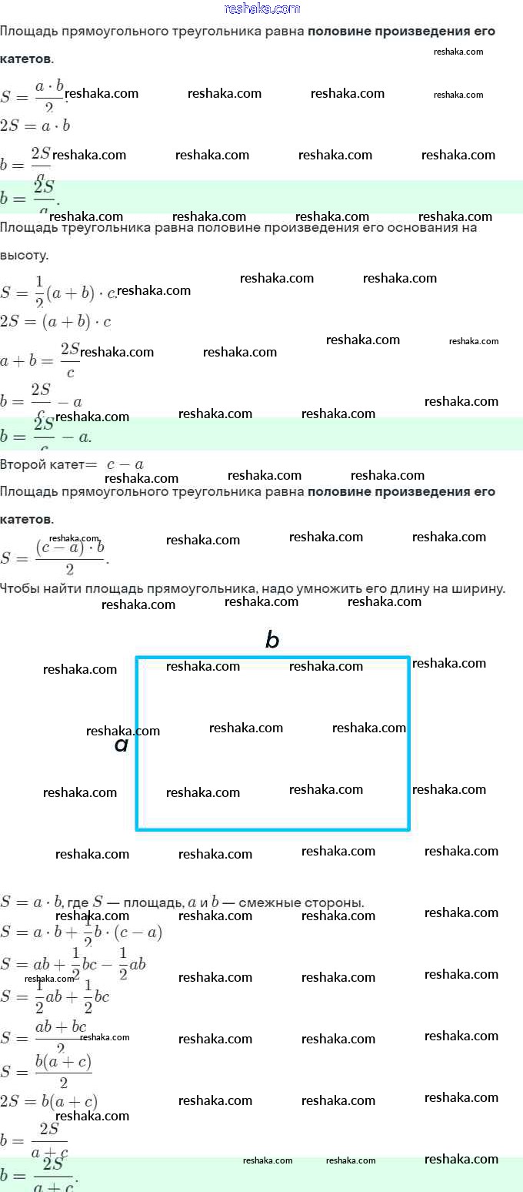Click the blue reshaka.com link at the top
(x=261, y=8)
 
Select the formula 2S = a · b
(x=35, y=126)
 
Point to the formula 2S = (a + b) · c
(x=55, y=321)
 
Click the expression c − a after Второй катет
(x=125, y=464)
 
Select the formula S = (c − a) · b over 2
(x=54, y=556)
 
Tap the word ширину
(x=477, y=589)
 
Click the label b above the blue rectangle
(x=271, y=640)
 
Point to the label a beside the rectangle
(x=121, y=745)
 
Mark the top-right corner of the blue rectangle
(x=408, y=658)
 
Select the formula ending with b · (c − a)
(x=81, y=933)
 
